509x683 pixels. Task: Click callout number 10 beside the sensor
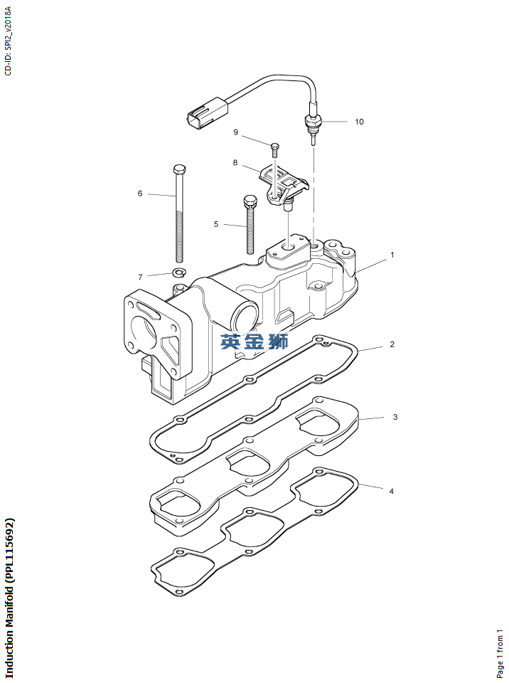pyautogui.click(x=359, y=122)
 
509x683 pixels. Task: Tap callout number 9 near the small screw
pyautogui.click(x=235, y=132)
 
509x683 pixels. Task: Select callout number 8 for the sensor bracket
pyautogui.click(x=235, y=162)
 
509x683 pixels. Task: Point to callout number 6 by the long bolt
pyautogui.click(x=140, y=193)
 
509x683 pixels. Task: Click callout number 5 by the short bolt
pyautogui.click(x=216, y=224)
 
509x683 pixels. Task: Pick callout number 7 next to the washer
pyautogui.click(x=140, y=277)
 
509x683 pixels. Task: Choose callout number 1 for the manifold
pyautogui.click(x=392, y=255)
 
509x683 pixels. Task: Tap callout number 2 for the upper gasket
pyautogui.click(x=392, y=344)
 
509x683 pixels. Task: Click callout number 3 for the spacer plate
pyautogui.click(x=395, y=417)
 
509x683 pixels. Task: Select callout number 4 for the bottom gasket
pyautogui.click(x=392, y=492)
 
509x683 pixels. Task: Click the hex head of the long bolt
pyautogui.click(x=178, y=169)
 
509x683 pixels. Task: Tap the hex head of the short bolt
pyautogui.click(x=250, y=201)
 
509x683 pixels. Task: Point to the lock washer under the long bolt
pyautogui.click(x=179, y=273)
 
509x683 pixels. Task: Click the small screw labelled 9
pyautogui.click(x=274, y=150)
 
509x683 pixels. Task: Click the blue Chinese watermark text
pyautogui.click(x=254, y=342)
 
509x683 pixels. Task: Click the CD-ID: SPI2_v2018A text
pyautogui.click(x=9, y=41)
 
